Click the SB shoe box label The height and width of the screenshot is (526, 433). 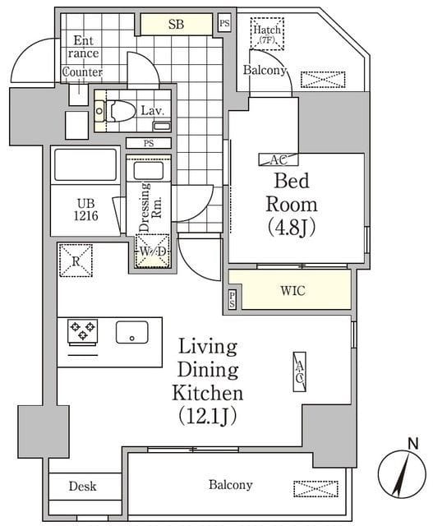pos(176,24)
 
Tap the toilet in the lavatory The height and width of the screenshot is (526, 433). pos(120,110)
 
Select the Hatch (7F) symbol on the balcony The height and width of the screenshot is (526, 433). pos(267,34)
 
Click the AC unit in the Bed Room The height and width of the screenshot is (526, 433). pos(279,159)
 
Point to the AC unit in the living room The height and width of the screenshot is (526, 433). pos(300,371)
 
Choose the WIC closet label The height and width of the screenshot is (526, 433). pos(293,290)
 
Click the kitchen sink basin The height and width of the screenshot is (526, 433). pos(132,332)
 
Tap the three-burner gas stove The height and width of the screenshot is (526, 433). pos(83,330)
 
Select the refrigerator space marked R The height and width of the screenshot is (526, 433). pos(76,261)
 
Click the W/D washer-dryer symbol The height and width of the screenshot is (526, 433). pos(152,251)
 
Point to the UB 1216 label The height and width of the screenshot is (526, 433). pos(86,210)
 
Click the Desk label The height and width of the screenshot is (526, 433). pos(82,486)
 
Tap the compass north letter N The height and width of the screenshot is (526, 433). pos(413,444)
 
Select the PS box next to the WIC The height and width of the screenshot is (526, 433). pos(232,299)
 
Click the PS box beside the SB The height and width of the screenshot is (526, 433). pos(225,23)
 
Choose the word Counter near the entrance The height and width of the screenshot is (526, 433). pos(82,72)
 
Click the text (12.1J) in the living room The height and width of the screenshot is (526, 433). pos(208,416)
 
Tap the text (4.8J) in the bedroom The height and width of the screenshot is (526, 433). pos(292,228)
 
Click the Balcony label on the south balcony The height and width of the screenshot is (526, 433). pos(231,485)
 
